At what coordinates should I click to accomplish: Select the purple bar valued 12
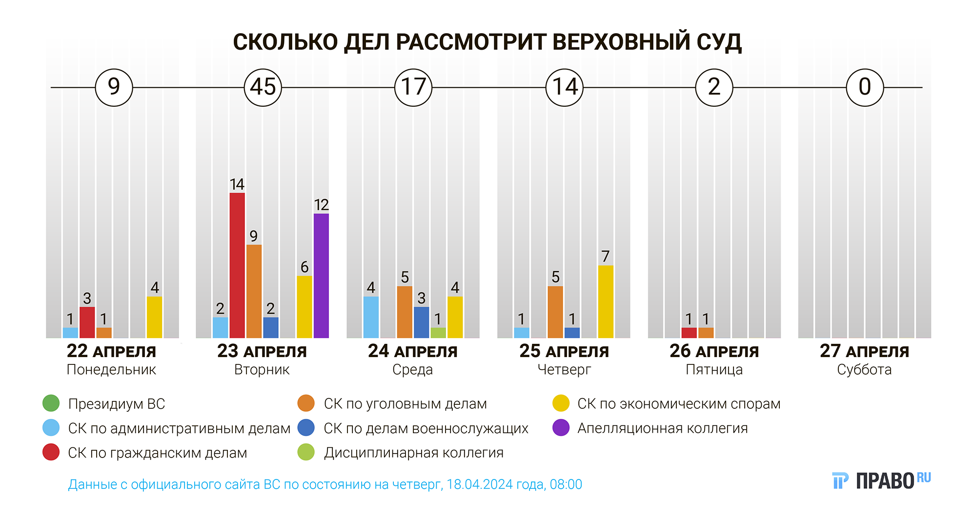pos(321,276)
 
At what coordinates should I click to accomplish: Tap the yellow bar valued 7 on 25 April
pos(606,301)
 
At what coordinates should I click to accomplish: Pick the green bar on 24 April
pos(438,333)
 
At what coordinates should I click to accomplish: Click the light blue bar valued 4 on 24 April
pos(371,317)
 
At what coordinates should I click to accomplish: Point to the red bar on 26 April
pos(689,333)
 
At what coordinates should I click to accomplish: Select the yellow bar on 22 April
pos(154,317)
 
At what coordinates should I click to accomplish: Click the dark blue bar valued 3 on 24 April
pos(422,322)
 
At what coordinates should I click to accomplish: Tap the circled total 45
pos(263,87)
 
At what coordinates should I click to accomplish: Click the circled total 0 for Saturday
pos(865,87)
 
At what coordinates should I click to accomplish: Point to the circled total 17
pos(413,87)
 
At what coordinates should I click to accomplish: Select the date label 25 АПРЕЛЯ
pos(564,351)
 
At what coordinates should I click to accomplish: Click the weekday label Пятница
pos(714,370)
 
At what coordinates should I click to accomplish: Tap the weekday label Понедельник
pos(111,370)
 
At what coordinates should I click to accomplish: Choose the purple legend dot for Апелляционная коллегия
pos(561,428)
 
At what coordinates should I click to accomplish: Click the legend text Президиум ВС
pos(117,404)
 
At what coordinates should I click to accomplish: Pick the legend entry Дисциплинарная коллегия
pos(413,453)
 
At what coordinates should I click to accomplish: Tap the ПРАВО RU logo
pos(881,480)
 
